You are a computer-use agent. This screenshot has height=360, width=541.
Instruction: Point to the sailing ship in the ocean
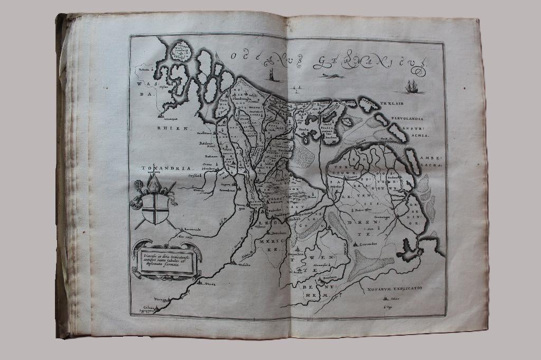pyautogui.click(x=412, y=86)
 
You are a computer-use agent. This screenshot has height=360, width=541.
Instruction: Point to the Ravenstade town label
pyautogui.click(x=195, y=230)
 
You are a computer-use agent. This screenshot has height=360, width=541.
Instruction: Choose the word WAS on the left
pyautogui.click(x=143, y=83)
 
